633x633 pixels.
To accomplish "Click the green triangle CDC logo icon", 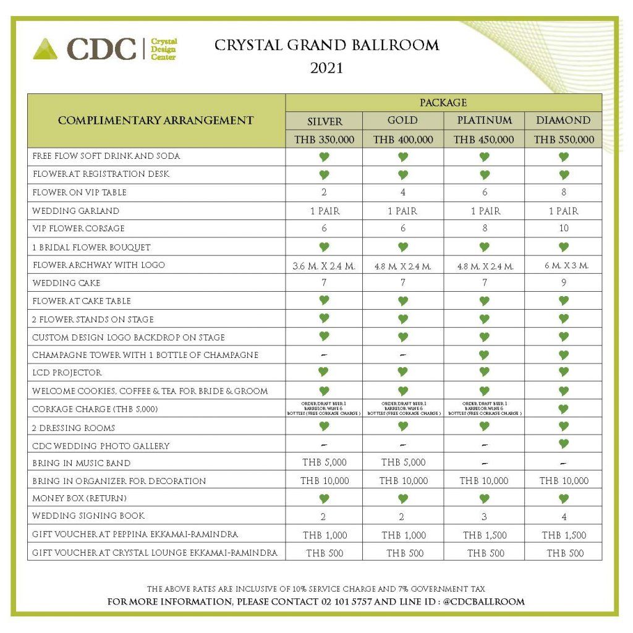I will point(45,49).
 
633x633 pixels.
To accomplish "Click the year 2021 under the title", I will point(326,68).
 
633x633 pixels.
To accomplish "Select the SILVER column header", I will point(325,121).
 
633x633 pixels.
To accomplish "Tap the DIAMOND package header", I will point(563,121).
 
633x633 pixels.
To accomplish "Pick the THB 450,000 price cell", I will point(483,140).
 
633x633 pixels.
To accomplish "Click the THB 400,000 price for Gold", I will point(403,140).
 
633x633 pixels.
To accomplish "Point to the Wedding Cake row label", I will point(66,283).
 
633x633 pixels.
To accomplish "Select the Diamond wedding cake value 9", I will point(563,283).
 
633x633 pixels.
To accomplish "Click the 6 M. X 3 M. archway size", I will point(563,266).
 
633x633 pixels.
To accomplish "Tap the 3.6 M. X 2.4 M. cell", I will point(325,266).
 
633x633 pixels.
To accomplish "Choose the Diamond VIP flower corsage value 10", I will point(563,229).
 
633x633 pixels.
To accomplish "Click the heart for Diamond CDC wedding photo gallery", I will point(563,444).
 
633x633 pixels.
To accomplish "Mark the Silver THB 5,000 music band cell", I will point(325,462).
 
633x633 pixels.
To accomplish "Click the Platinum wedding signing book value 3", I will point(483,517).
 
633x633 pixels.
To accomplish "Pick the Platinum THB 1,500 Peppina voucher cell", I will point(483,535).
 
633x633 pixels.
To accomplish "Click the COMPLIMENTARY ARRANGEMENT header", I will point(156,121).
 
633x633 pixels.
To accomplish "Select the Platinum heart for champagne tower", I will point(483,355).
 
